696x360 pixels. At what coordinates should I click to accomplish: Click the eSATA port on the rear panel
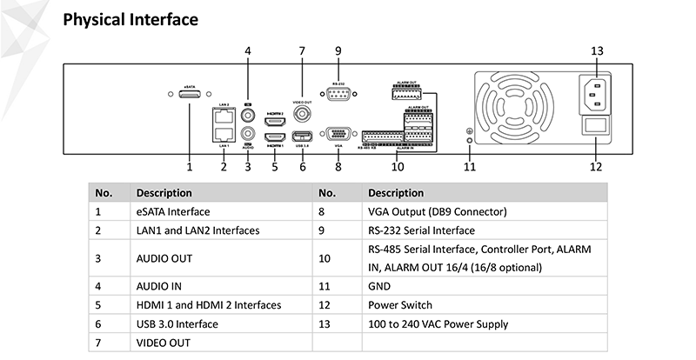pyautogui.click(x=189, y=96)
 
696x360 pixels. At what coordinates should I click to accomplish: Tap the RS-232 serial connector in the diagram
pyautogui.click(x=338, y=96)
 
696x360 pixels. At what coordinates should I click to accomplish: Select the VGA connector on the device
pyautogui.click(x=338, y=134)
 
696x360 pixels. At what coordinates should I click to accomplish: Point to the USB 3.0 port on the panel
pyautogui.click(x=302, y=137)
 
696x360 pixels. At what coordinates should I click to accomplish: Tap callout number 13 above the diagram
pyautogui.click(x=597, y=50)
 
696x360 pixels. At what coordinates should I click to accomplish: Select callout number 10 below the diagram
pyautogui.click(x=398, y=166)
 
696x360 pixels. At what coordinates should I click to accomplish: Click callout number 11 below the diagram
pyautogui.click(x=470, y=166)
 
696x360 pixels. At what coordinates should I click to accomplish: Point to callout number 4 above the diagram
pyautogui.click(x=248, y=50)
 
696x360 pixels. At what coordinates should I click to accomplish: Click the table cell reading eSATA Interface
pyautogui.click(x=173, y=211)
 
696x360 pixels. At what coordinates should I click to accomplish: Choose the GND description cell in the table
pyautogui.click(x=380, y=285)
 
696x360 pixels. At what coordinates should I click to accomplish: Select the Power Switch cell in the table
pyautogui.click(x=400, y=305)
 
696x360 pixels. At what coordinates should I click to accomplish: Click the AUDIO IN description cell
pyautogui.click(x=158, y=285)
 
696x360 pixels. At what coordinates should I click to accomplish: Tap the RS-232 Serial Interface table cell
pyautogui.click(x=421, y=230)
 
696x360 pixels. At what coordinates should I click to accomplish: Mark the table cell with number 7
pyautogui.click(x=98, y=343)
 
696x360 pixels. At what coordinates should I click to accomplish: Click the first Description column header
pyautogui.click(x=164, y=192)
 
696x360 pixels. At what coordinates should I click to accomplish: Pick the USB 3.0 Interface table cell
pyautogui.click(x=177, y=324)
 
